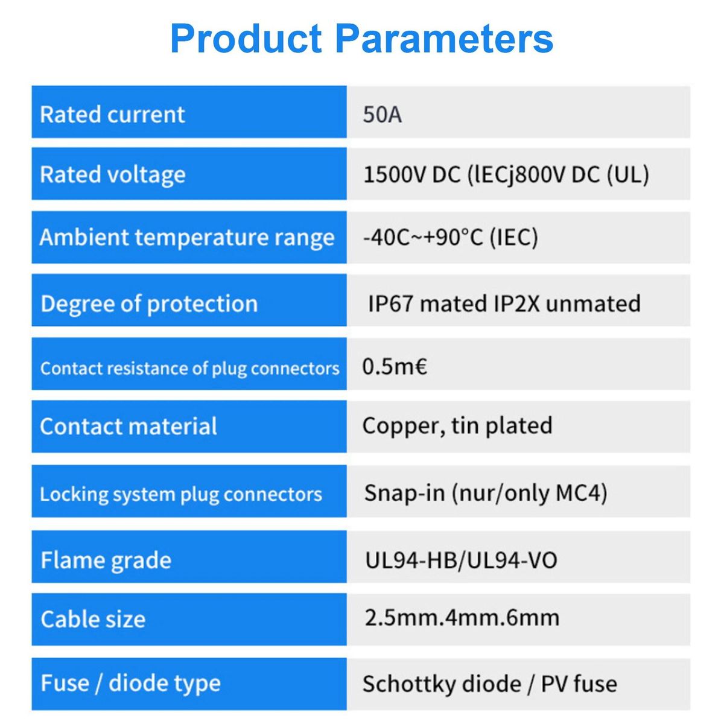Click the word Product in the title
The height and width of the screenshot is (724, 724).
click(x=246, y=39)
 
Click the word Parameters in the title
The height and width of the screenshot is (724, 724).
click(x=445, y=39)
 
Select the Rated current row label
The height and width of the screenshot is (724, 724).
click(x=112, y=114)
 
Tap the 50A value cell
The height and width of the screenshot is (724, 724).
click(x=382, y=114)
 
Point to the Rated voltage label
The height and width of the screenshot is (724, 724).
click(x=113, y=175)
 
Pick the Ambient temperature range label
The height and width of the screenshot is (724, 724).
click(x=186, y=238)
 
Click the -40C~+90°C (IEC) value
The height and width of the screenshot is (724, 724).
click(x=451, y=238)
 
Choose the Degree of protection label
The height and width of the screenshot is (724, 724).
click(x=149, y=304)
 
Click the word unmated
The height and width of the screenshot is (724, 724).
click(x=593, y=303)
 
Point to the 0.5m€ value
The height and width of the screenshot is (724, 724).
click(x=395, y=366)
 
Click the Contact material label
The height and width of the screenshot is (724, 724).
click(x=129, y=426)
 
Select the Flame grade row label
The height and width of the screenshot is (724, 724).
click(x=106, y=560)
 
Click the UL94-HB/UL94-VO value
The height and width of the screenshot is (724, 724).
click(x=462, y=560)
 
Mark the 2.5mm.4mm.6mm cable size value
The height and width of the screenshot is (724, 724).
click(x=462, y=618)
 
